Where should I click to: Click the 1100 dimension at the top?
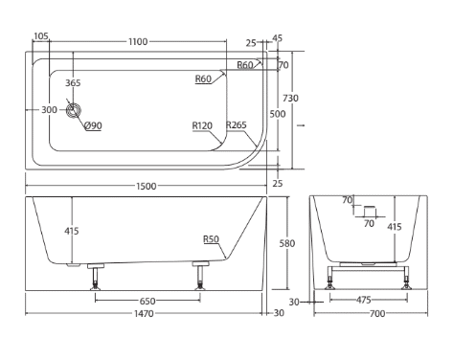[138, 42]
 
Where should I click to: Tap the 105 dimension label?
[41, 36]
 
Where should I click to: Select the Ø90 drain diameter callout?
[93, 125]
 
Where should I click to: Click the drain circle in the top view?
[74, 110]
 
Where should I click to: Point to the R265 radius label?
[237, 124]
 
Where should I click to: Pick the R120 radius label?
[202, 125]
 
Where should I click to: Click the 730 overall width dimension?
[290, 98]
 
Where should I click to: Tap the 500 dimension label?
[278, 114]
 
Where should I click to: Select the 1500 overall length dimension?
[147, 186]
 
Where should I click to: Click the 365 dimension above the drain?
[73, 83]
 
